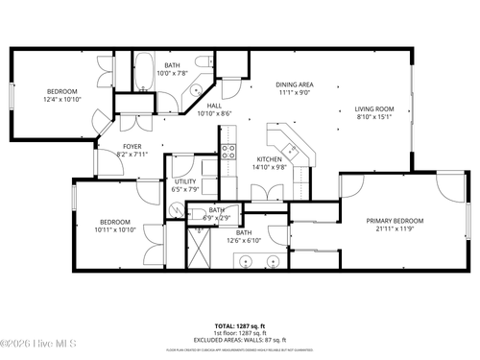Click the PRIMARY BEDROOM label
[395, 220]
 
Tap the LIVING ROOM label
[373, 109]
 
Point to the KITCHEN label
[268, 159]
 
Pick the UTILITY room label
[185, 181]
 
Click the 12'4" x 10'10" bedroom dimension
[62, 99]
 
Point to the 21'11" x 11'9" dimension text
[395, 228]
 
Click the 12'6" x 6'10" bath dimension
[244, 240]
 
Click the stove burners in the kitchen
[228, 150]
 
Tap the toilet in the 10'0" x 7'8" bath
[203, 61]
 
